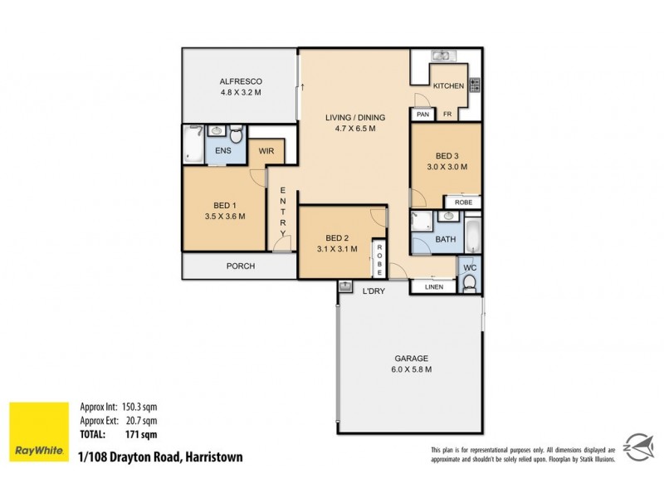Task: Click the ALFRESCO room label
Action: [x=242, y=81]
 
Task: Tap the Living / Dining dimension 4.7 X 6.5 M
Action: [x=354, y=129]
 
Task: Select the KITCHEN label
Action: [x=448, y=85]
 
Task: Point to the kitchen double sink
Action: [x=440, y=56]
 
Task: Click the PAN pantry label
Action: [x=422, y=115]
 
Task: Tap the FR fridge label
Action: [x=447, y=115]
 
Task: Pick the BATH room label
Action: [x=446, y=240]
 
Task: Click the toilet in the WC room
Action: [x=470, y=284]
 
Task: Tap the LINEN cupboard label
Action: [x=434, y=287]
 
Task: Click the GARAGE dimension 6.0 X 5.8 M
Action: [x=411, y=369]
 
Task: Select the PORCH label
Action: [x=239, y=266]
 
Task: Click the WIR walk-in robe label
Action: [x=266, y=151]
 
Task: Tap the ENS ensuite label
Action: [x=223, y=151]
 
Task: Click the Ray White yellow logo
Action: [x=38, y=432]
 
